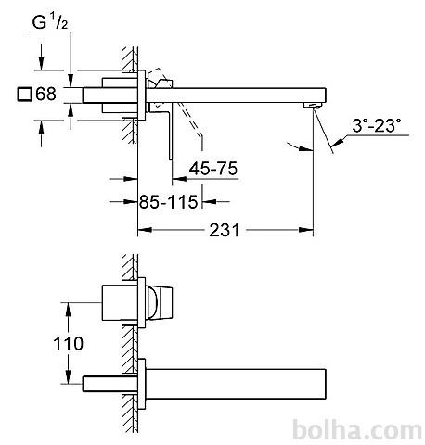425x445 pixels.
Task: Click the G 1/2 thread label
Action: (x=50, y=22)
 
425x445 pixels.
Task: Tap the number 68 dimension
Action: (x=46, y=94)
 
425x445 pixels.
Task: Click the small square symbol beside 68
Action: (x=25, y=95)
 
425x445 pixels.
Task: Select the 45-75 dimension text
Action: (x=213, y=169)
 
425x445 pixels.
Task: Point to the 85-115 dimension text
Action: (x=168, y=202)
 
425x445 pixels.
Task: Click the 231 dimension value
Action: (x=225, y=230)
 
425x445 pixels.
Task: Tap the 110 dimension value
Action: (x=68, y=343)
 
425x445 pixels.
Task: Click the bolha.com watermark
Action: (x=357, y=429)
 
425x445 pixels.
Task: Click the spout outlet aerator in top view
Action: (x=314, y=106)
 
